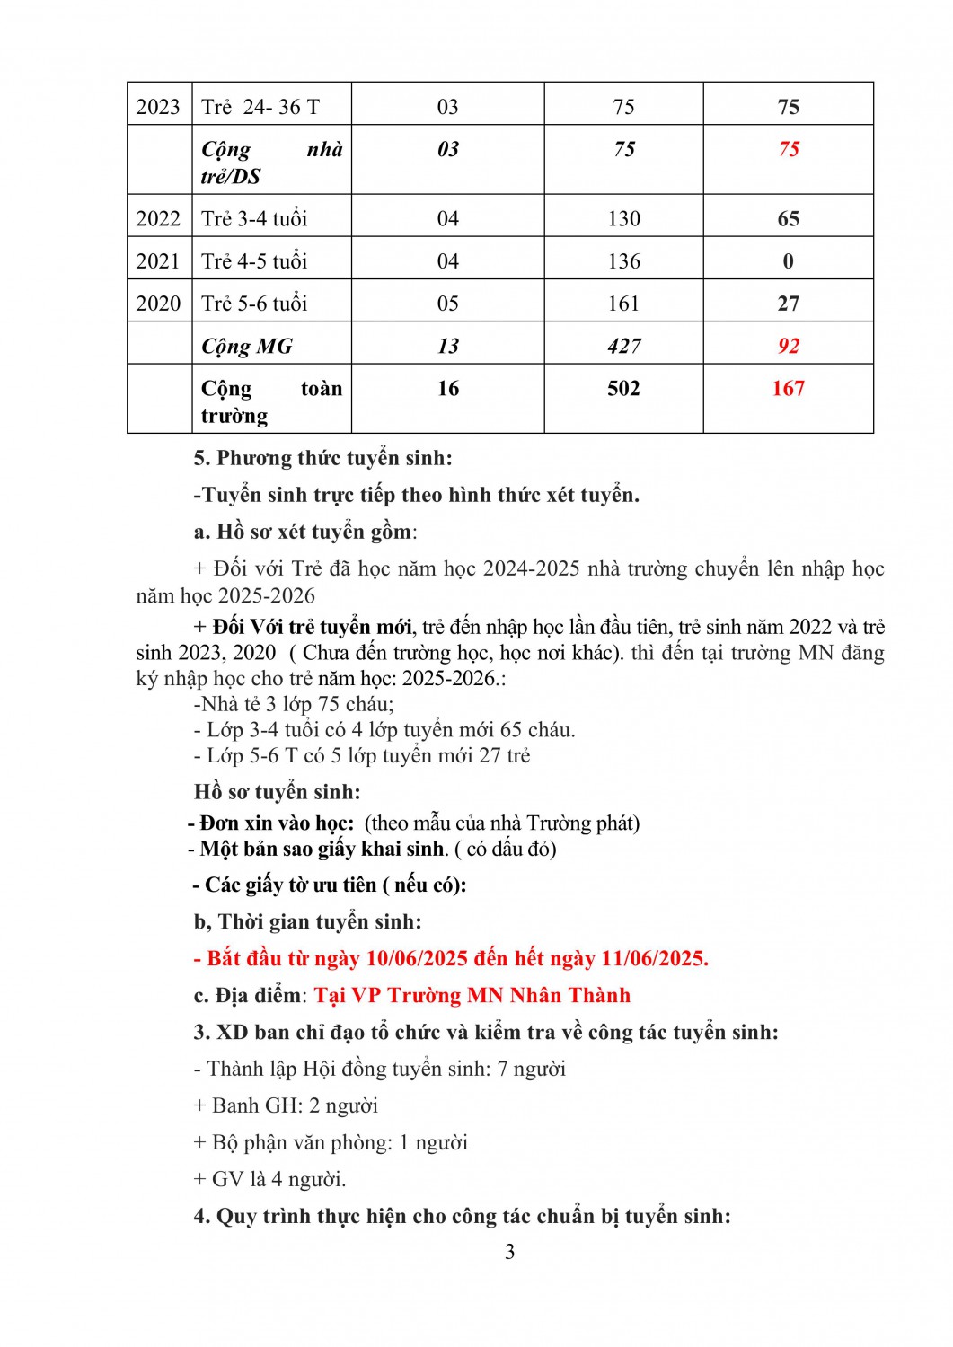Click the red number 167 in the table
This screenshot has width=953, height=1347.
(788, 389)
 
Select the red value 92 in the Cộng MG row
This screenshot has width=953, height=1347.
(788, 347)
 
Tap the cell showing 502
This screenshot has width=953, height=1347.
(623, 389)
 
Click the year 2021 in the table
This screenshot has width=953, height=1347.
(158, 261)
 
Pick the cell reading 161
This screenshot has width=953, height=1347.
(623, 304)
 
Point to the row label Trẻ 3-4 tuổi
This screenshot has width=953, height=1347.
(254, 219)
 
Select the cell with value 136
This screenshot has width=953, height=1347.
(623, 261)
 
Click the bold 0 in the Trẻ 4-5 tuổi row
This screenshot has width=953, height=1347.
(788, 261)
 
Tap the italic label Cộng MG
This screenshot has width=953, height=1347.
(247, 347)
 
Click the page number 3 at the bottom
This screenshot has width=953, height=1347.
(509, 1252)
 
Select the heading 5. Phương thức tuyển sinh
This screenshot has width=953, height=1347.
(323, 458)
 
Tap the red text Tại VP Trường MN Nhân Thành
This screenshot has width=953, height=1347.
(472, 995)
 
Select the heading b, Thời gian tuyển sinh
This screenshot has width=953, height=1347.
(307, 921)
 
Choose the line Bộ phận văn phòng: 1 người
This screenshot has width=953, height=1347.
(331, 1142)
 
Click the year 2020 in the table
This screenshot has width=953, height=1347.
(158, 304)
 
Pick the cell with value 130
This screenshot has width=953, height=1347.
(623, 219)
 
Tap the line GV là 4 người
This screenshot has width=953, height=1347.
(269, 1179)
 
